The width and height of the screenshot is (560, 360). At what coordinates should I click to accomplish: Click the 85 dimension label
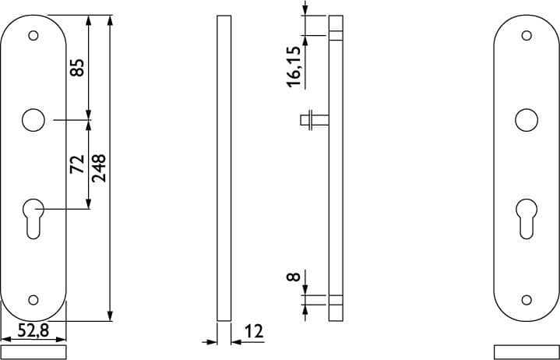click(x=77, y=68)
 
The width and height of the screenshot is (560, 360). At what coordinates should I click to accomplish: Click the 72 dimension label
click(x=77, y=164)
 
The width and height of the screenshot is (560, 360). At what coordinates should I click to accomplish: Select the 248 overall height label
click(x=99, y=168)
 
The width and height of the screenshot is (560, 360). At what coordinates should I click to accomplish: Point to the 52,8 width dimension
click(x=33, y=330)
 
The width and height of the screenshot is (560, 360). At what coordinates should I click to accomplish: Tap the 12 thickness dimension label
click(x=254, y=331)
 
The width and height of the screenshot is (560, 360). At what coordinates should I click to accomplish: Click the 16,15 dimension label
click(x=294, y=67)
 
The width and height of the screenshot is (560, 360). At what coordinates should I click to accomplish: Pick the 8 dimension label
click(x=294, y=277)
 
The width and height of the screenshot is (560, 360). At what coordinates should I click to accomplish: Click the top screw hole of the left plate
click(x=33, y=36)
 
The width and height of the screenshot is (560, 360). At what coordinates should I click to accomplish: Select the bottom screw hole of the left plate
click(x=33, y=300)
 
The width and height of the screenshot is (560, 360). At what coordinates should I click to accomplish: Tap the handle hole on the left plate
click(x=33, y=120)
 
